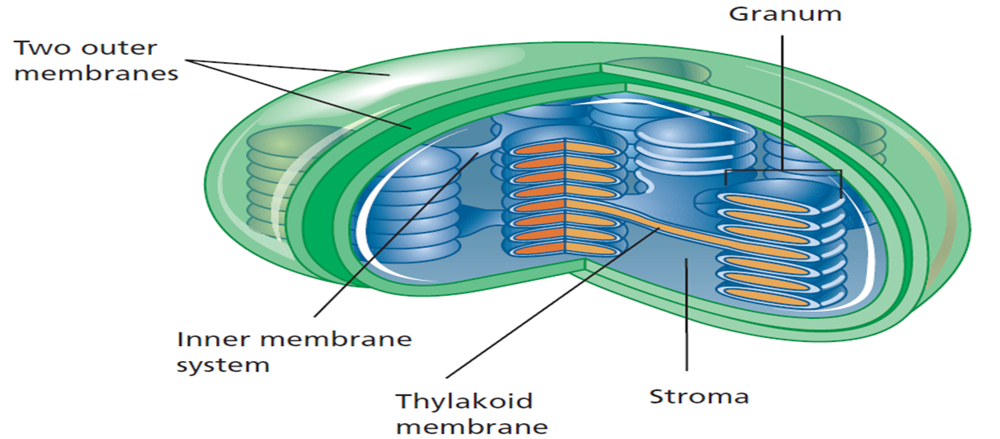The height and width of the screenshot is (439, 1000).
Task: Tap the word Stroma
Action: point(699,395)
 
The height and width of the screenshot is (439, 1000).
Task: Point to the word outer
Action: point(129,48)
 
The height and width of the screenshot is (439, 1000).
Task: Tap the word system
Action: point(223,365)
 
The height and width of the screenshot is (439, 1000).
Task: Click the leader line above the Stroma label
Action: point(686,334)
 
